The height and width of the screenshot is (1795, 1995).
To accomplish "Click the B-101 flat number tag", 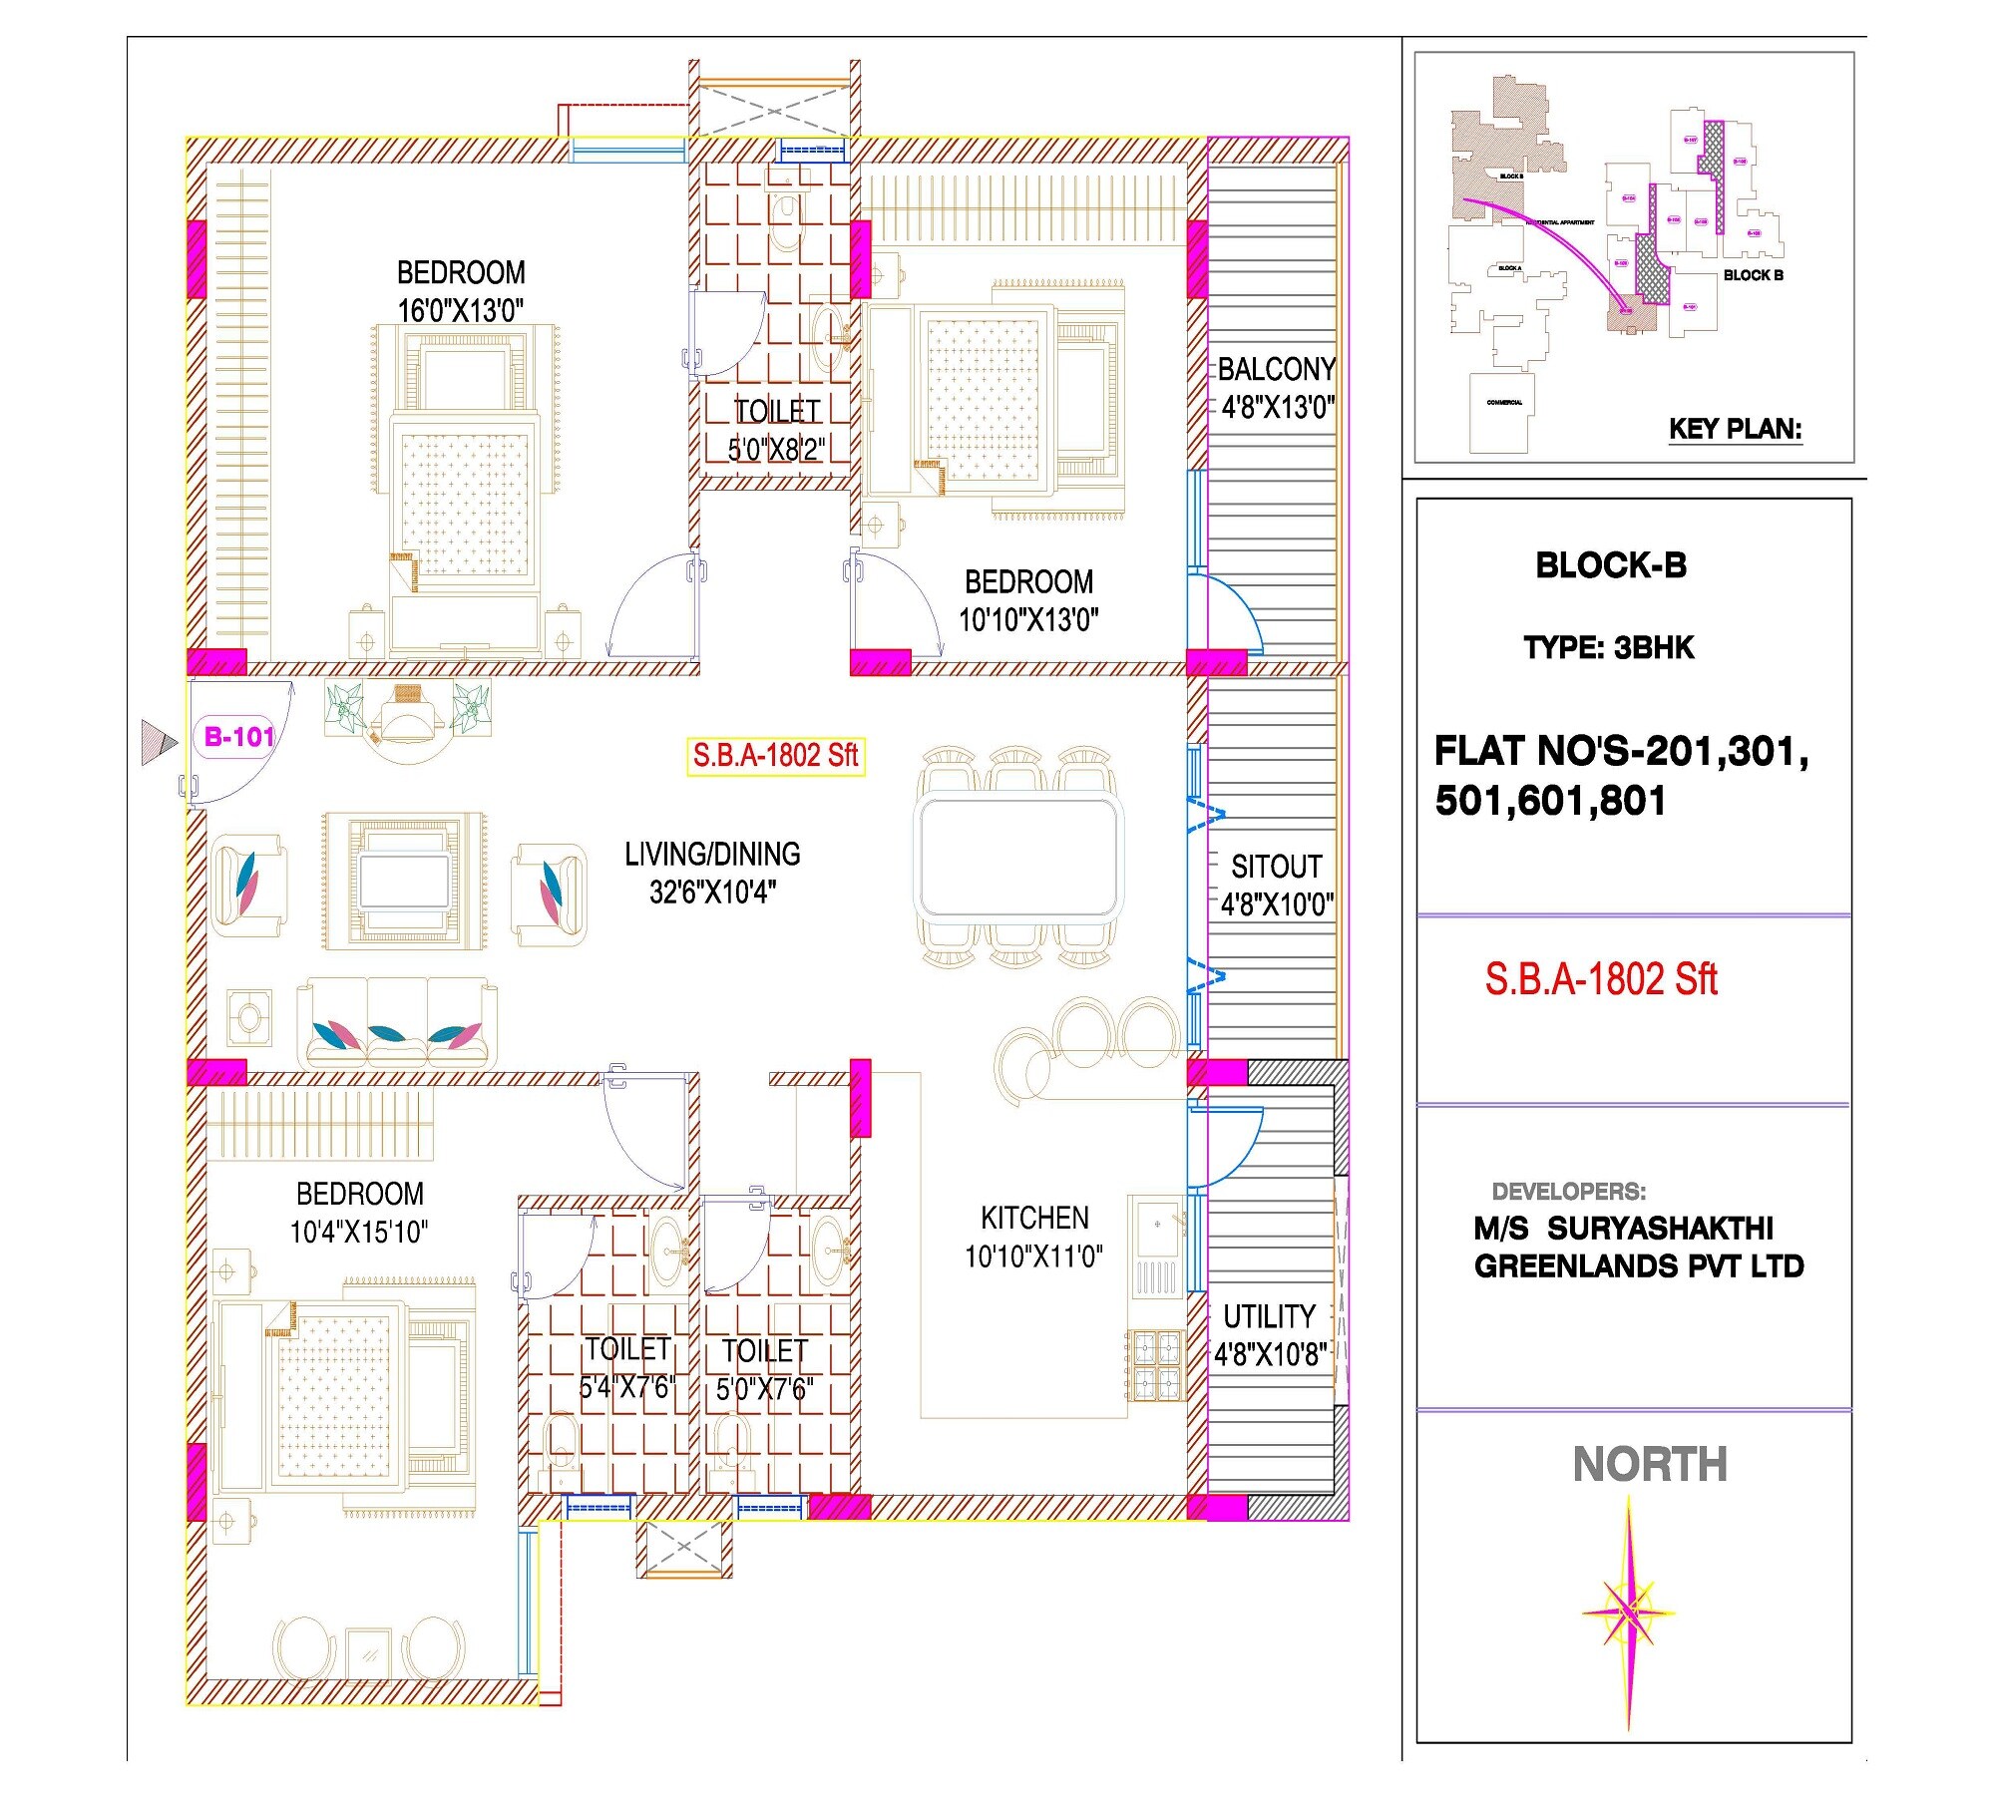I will [237, 737].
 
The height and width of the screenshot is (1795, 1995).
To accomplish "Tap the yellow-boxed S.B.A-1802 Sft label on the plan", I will [775, 756].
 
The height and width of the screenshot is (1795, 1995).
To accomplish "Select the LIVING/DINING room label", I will [712, 855].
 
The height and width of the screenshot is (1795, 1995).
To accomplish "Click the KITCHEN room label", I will [1034, 1218].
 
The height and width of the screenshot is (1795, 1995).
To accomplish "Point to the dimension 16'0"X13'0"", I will [460, 311].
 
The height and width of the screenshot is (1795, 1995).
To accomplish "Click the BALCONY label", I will [1276, 370].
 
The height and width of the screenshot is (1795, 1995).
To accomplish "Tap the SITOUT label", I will [1276, 867].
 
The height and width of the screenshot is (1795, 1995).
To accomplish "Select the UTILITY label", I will [1269, 1316].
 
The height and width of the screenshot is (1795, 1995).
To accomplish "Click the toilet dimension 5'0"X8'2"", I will [776, 450].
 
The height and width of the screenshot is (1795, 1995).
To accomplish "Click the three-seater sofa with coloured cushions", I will [397, 1024].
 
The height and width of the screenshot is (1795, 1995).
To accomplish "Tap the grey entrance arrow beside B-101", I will [158, 743].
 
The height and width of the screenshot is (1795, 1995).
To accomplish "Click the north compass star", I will [1628, 1613].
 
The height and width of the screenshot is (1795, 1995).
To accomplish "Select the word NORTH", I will [1650, 1465].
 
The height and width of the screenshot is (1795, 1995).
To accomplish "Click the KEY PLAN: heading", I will [1735, 429].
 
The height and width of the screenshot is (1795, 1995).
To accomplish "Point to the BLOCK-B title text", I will [1610, 565].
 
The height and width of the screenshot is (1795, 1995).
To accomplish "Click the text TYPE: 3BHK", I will [1608, 648].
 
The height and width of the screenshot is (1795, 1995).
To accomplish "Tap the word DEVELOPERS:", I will [1568, 1191].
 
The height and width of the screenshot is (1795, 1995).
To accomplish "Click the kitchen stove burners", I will [1155, 1365].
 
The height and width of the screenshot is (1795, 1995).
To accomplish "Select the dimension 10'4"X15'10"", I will [358, 1233].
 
